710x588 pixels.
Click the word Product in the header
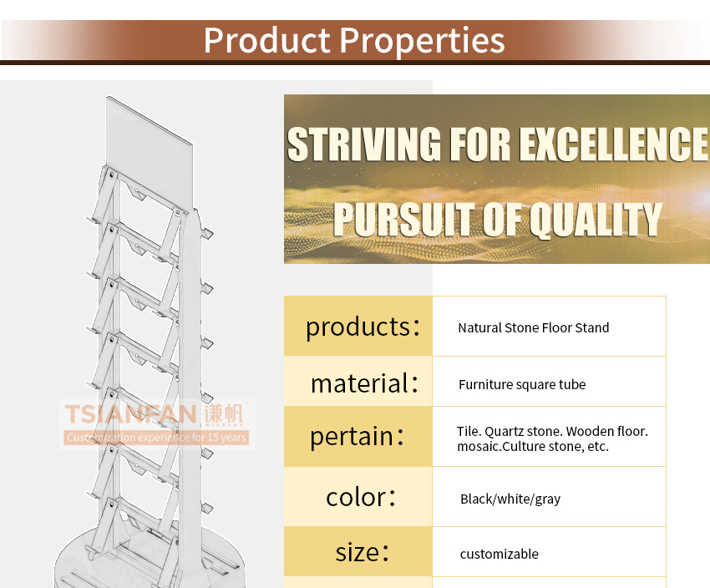pyautogui.click(x=267, y=40)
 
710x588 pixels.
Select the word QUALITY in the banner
pyautogui.click(x=596, y=219)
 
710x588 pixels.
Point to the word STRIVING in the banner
pyautogui.click(x=364, y=144)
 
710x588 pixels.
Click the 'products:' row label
pyautogui.click(x=363, y=327)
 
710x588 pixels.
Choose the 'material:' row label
pyautogui.click(x=364, y=383)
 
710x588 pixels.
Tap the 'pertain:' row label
pyautogui.click(x=357, y=437)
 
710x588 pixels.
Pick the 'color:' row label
pyautogui.click(x=361, y=497)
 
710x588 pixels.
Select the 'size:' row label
pyautogui.click(x=363, y=552)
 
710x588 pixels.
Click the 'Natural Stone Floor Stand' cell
pyautogui.click(x=534, y=327)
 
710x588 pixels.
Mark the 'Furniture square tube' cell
pyautogui.click(x=522, y=385)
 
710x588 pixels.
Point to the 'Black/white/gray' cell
pyautogui.click(x=510, y=499)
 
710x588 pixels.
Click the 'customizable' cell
pyautogui.click(x=499, y=554)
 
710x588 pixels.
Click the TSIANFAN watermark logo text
pyautogui.click(x=131, y=414)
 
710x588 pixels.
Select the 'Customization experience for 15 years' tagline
pyautogui.click(x=157, y=438)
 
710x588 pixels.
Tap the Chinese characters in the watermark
pyautogui.click(x=223, y=413)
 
